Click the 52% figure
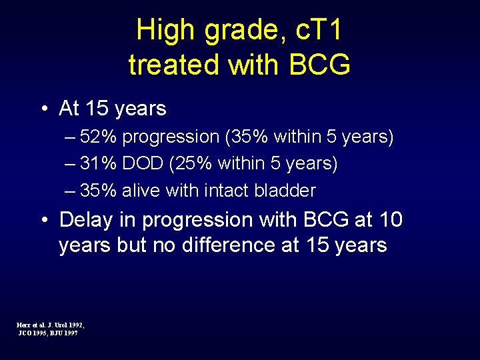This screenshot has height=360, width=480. (x=99, y=137)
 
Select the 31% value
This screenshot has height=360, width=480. (x=99, y=164)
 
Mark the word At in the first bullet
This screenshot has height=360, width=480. (x=69, y=108)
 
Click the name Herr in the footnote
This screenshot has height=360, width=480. (x=23, y=325)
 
